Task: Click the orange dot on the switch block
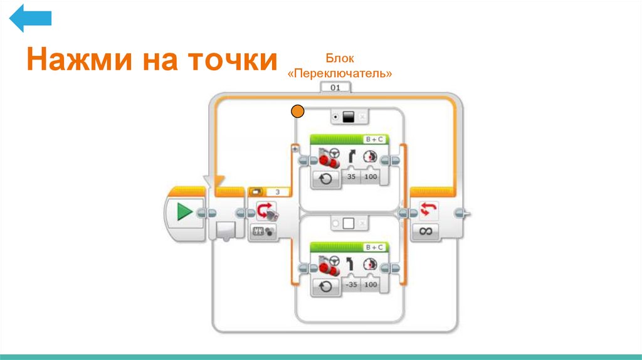298,112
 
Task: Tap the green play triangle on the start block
184,212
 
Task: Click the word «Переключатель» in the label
340,73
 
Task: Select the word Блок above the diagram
340,59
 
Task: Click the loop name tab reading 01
335,88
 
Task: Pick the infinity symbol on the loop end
426,231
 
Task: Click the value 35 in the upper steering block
352,178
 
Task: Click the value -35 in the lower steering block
351,284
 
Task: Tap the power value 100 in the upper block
371,178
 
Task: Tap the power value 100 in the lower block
371,284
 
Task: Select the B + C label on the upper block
374,139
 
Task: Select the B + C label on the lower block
374,247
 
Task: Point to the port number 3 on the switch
278,192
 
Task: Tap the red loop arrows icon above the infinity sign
426,209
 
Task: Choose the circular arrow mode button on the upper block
325,179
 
